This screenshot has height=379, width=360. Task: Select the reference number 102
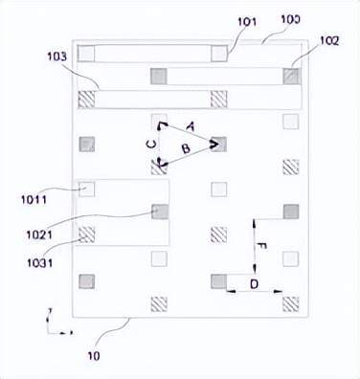[x=329, y=40]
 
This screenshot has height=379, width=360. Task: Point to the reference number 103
[x=55, y=57]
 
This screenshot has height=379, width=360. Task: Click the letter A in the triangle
[x=190, y=125]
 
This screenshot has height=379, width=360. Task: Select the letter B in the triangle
[x=185, y=149]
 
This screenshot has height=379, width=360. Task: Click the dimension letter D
[x=254, y=284]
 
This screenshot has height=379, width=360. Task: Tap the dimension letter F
[x=263, y=245]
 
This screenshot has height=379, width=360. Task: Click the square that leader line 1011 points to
[x=87, y=189]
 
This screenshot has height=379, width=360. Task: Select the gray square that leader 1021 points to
[x=159, y=212]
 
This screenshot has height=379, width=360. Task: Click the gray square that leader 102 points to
[x=290, y=75]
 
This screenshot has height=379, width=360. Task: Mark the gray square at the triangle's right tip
[x=218, y=144]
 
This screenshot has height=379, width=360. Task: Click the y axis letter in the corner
[x=47, y=312]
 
